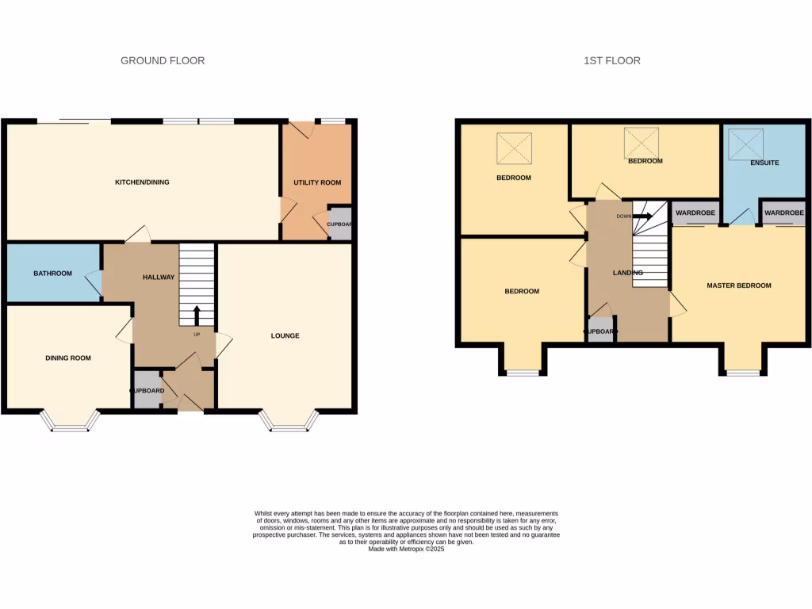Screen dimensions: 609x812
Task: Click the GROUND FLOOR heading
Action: (163, 60)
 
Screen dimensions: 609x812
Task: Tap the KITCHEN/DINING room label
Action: (142, 182)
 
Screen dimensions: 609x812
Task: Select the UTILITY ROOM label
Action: (317, 182)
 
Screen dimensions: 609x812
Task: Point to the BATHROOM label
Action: (52, 274)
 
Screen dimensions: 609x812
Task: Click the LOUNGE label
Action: (285, 335)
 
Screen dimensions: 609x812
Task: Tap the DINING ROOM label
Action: (67, 358)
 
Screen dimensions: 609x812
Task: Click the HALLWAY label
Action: (158, 277)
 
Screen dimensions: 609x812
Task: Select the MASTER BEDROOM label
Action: (739, 285)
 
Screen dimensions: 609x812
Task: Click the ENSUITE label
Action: (764, 163)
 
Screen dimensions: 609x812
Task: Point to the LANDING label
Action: (627, 273)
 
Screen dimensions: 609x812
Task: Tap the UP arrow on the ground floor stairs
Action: (197, 315)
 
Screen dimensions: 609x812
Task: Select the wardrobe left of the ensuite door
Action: (695, 213)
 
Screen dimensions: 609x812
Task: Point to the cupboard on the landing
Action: (600, 331)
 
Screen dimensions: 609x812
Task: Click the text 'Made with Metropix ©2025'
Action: (406, 549)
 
